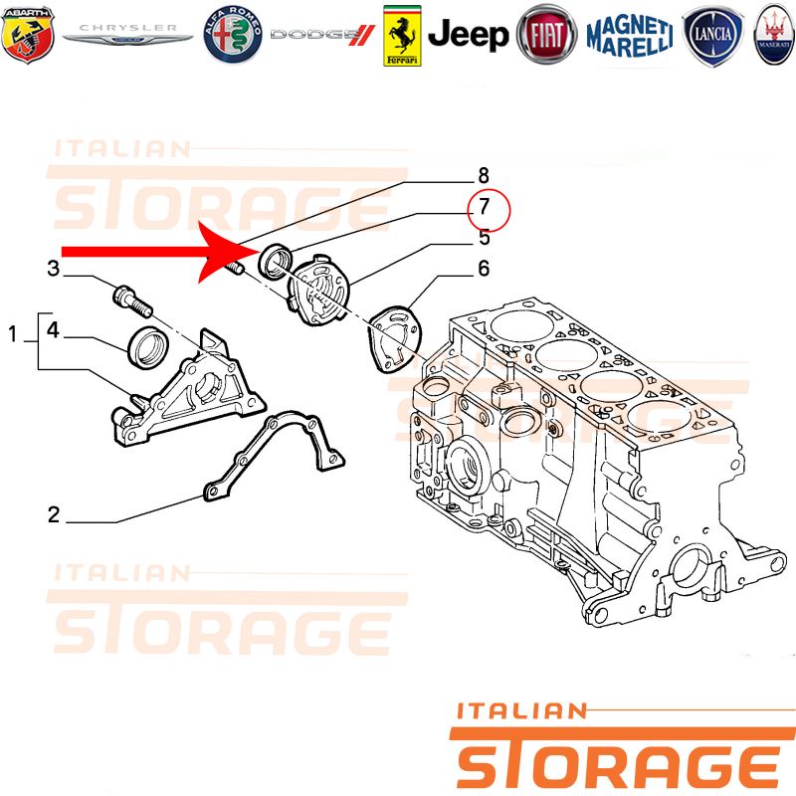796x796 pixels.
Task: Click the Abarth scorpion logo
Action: point(28,35)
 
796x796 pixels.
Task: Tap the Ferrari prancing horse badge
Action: point(402,36)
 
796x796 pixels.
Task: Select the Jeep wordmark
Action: point(468,35)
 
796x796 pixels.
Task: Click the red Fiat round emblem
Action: point(546,35)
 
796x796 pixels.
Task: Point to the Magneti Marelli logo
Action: point(630,35)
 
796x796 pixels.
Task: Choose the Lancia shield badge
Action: point(712,35)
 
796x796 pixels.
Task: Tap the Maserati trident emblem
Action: point(775,35)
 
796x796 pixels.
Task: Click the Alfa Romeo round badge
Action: point(233,35)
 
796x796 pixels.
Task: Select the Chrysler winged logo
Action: point(128,34)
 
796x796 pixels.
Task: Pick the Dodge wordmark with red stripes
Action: point(322,35)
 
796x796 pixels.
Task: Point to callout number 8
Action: point(484,176)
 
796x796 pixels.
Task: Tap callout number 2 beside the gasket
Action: point(54,514)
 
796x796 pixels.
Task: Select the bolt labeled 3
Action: point(132,300)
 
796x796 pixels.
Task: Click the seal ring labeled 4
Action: point(148,348)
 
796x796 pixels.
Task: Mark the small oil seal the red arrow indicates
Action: point(277,262)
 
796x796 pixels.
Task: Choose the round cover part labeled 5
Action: point(318,290)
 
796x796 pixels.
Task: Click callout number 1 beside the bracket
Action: point(13,334)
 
